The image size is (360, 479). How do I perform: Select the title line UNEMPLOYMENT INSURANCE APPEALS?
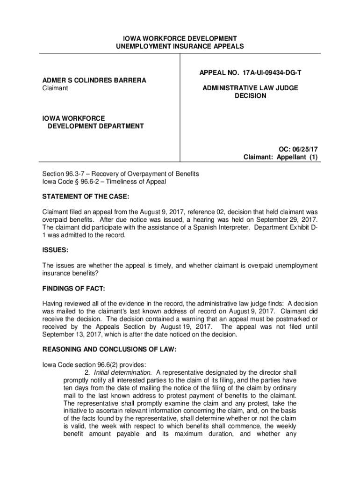tap(180, 46)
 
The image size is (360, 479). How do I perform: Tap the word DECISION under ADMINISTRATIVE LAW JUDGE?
tap(250, 96)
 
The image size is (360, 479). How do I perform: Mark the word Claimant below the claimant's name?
tap(55, 88)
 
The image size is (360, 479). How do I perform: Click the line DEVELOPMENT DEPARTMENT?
tap(95, 126)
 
